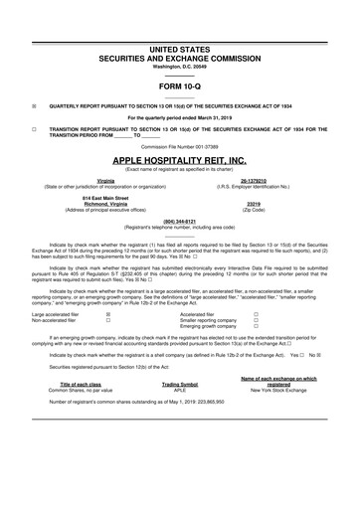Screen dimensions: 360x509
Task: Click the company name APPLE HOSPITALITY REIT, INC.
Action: [179, 158]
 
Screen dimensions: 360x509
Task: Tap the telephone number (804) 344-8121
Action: [179, 221]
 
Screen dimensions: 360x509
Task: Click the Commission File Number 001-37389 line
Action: [179, 145]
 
